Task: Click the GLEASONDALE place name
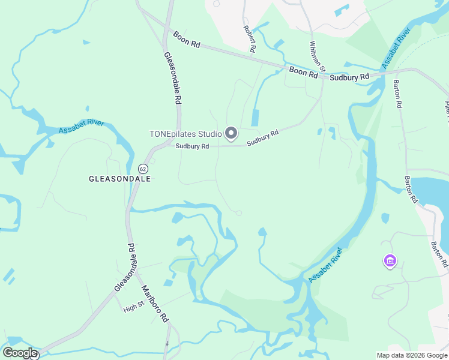click(x=119, y=179)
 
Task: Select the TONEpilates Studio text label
click(x=185, y=134)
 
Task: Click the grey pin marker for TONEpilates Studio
click(x=231, y=133)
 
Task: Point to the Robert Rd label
click(x=250, y=38)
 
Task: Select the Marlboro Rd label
click(x=155, y=304)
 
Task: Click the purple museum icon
click(x=390, y=261)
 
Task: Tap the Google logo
click(x=20, y=353)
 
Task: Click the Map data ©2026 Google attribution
click(x=411, y=355)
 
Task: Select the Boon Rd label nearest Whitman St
click(x=303, y=72)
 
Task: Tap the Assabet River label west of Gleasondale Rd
click(x=81, y=127)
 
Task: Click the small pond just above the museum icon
click(x=385, y=218)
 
